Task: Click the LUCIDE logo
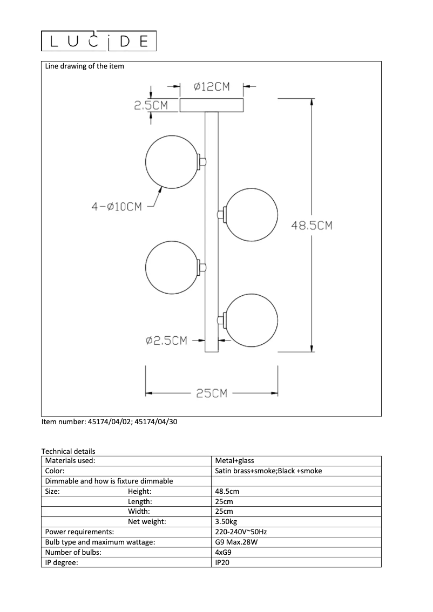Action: click(x=99, y=41)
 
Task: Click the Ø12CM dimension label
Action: click(x=212, y=86)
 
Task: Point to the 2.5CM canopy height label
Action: click(x=151, y=106)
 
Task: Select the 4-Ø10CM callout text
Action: click(x=116, y=206)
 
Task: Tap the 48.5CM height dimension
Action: click(x=312, y=226)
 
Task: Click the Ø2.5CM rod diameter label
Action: click(x=166, y=341)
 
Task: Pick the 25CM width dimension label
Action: click(x=211, y=393)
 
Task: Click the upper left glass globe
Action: click(x=172, y=162)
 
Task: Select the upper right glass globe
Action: click(x=252, y=214)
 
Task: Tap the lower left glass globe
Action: click(x=172, y=267)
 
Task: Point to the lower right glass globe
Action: click(x=252, y=319)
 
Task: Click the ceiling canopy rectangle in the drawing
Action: click(x=212, y=105)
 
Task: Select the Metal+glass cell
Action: click(x=234, y=461)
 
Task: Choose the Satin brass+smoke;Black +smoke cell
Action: click(x=268, y=471)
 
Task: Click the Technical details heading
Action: click(x=68, y=451)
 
